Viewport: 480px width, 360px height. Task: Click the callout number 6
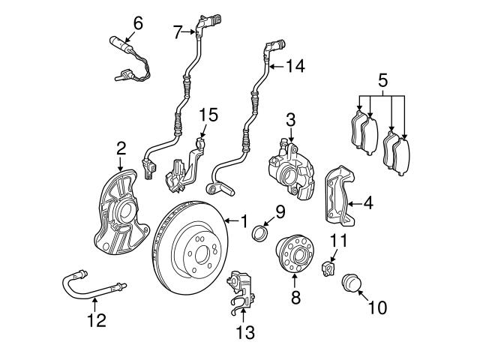click(x=137, y=22)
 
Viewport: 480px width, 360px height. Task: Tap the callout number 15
click(x=209, y=114)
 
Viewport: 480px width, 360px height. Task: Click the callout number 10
click(x=377, y=307)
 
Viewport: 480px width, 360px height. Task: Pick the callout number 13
click(x=245, y=331)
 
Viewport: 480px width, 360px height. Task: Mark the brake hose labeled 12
click(x=93, y=286)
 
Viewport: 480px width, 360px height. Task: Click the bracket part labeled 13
click(x=242, y=289)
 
